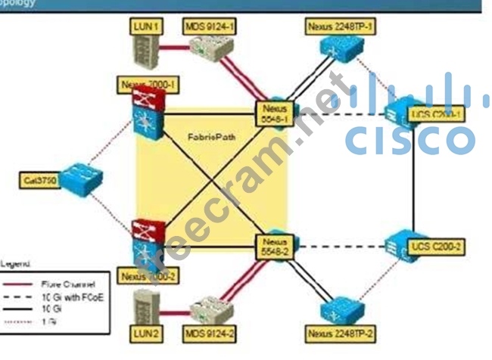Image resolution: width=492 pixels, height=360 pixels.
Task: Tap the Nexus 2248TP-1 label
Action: tap(341, 27)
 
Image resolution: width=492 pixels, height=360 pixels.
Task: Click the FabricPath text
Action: tap(208, 139)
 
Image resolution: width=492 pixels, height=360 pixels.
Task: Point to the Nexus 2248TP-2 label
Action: tap(341, 333)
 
